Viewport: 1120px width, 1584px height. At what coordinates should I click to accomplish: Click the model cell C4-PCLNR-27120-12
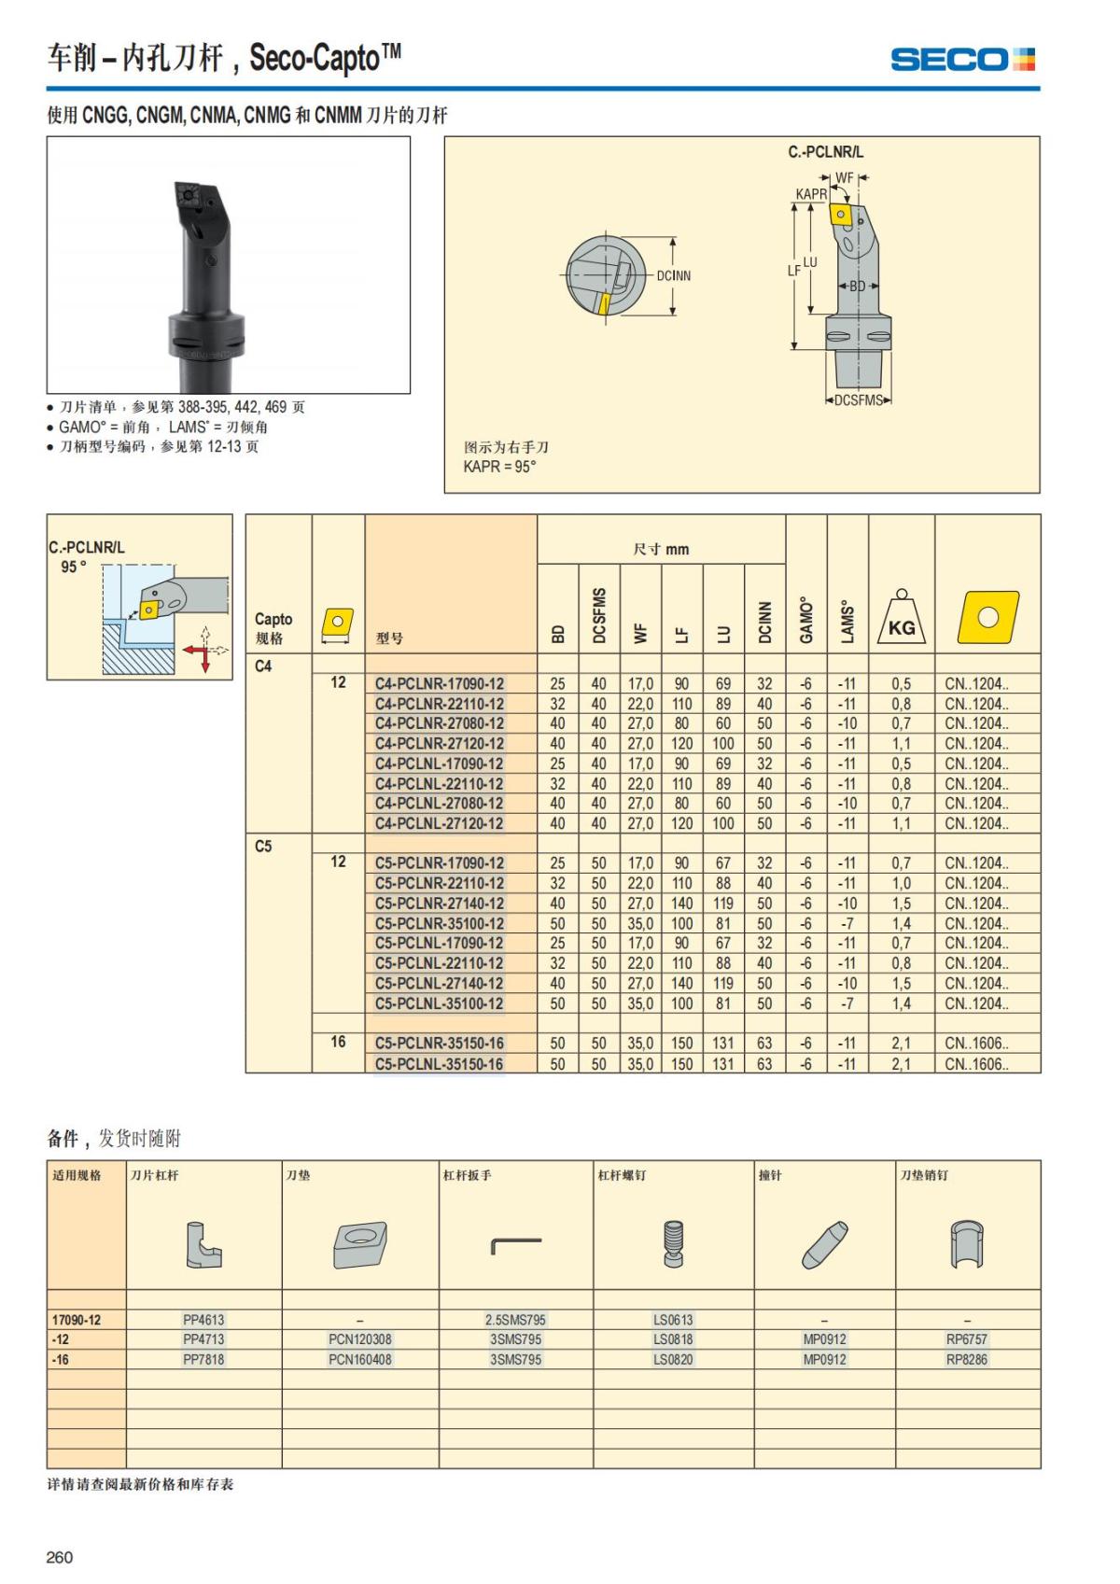(x=439, y=744)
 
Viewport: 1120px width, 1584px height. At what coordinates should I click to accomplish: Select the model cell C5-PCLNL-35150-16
(x=439, y=1064)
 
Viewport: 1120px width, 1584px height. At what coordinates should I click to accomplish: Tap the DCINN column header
(x=764, y=621)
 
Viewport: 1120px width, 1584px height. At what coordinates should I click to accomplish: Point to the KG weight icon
(x=901, y=618)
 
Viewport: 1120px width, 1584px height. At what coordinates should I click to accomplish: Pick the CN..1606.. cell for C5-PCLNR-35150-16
(x=976, y=1044)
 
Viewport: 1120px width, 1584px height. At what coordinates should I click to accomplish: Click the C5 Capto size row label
(x=263, y=847)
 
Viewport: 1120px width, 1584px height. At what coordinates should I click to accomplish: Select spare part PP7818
(x=203, y=1360)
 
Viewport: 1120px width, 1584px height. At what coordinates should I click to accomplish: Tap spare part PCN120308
(x=360, y=1339)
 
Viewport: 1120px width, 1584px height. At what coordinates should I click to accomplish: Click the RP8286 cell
(x=966, y=1360)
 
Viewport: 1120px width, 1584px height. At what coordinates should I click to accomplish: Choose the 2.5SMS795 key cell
(x=515, y=1320)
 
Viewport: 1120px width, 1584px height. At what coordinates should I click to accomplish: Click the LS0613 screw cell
(x=673, y=1320)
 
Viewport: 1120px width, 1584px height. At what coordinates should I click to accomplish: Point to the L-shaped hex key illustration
(x=515, y=1244)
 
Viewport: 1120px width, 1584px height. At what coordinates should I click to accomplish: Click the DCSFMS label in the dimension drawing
(x=858, y=400)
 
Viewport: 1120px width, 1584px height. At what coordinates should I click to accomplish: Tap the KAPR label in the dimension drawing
(x=811, y=194)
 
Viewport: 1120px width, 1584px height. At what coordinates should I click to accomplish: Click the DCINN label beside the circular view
(x=673, y=276)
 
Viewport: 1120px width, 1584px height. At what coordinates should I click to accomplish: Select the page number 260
(x=60, y=1557)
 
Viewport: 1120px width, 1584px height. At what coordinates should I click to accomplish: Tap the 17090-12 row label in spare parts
(x=77, y=1320)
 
